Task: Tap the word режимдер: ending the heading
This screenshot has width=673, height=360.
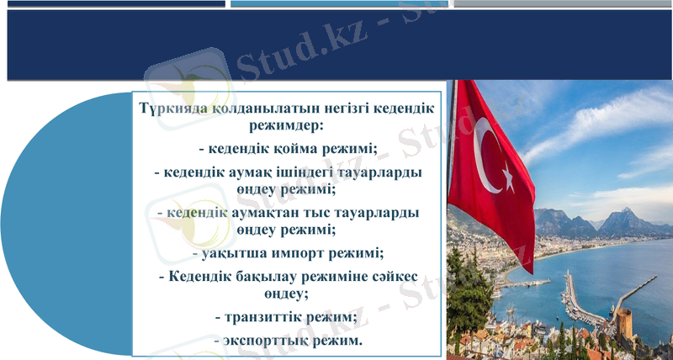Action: (287, 127)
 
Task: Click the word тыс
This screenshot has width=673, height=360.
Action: (321, 213)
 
